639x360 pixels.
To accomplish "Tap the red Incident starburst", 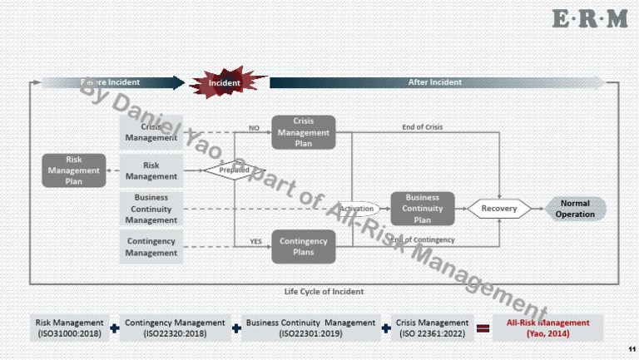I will tap(225, 82).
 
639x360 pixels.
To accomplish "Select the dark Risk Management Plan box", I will tap(73, 170).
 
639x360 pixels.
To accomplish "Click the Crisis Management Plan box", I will tap(304, 132).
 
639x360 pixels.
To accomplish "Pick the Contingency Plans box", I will tap(304, 246).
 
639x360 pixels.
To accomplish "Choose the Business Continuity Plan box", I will tap(423, 209).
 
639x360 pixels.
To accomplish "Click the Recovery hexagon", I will tap(499, 209).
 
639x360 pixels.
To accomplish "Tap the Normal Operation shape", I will tap(575, 209).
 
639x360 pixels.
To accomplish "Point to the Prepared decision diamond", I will tap(228, 170).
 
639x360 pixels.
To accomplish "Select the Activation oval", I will tap(357, 209).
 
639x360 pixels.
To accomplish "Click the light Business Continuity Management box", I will tap(151, 209).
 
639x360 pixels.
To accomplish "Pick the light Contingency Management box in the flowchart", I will tap(151, 246).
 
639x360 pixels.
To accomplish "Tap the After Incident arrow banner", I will tap(436, 82).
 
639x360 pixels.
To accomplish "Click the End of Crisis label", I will tap(423, 126).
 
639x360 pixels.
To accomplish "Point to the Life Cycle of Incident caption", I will tap(324, 292).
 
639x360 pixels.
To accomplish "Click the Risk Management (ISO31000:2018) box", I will tap(69, 328).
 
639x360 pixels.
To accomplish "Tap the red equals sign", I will tap(482, 328).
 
